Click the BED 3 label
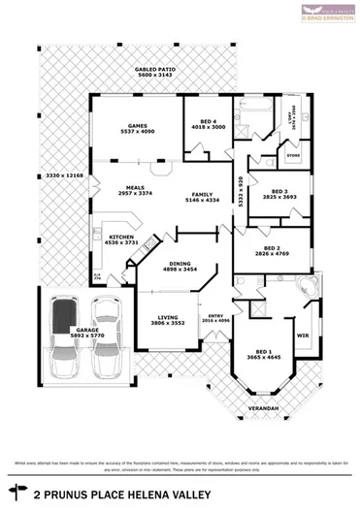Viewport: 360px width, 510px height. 279,191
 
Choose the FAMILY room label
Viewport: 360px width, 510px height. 203,195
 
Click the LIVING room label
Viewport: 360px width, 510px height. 168,316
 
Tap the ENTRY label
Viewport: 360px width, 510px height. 215,315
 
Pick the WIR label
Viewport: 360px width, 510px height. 302,335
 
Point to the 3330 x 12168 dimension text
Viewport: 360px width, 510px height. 65,175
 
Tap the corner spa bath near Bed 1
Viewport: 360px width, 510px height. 307,289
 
